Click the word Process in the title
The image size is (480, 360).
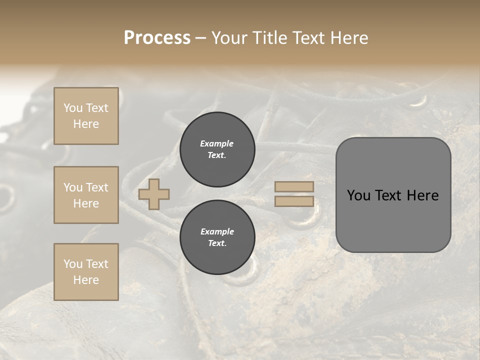click(x=157, y=38)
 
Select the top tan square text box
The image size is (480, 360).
click(x=86, y=116)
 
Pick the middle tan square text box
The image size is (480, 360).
click(x=86, y=195)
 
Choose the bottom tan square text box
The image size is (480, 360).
click(x=86, y=272)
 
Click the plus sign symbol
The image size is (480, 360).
click(x=154, y=194)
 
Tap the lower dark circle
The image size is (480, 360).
click(x=217, y=237)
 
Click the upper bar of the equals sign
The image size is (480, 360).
click(x=294, y=186)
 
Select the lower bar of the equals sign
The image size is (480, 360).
click(x=294, y=201)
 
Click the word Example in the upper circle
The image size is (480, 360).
click(x=217, y=143)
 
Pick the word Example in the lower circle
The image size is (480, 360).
click(x=217, y=231)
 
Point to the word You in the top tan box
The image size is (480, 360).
click(x=72, y=108)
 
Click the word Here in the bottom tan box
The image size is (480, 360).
click(x=86, y=280)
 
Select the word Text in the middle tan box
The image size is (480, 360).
click(x=97, y=187)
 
